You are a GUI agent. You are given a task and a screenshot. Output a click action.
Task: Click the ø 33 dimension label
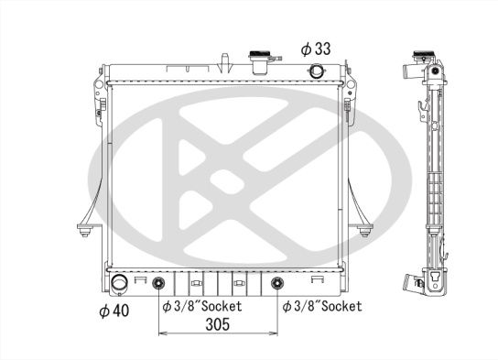313,47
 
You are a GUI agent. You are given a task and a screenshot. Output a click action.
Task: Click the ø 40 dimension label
114,310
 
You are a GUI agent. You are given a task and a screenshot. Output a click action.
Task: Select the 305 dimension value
217,323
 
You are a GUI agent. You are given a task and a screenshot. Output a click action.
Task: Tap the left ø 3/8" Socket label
201,306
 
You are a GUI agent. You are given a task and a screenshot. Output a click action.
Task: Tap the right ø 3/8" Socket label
321,306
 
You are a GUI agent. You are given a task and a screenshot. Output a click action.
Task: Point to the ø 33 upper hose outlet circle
317,72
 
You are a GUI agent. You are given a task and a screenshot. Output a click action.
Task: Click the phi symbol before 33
305,47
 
